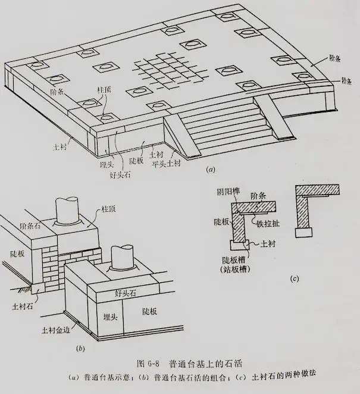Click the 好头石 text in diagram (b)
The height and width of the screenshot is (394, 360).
pos(127,293)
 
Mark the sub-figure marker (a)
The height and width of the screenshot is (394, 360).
pos(209,170)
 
